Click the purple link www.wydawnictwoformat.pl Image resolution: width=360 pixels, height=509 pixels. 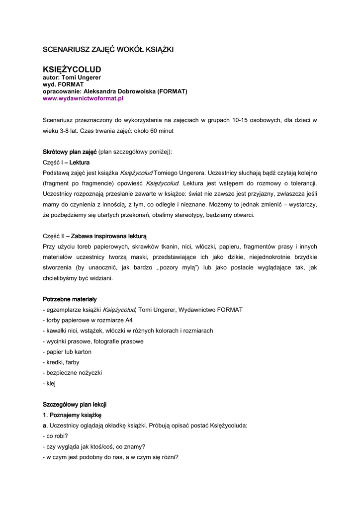point(83,98)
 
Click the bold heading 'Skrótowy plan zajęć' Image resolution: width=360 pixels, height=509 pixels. point(70,152)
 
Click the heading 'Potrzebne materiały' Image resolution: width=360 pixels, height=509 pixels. point(70,299)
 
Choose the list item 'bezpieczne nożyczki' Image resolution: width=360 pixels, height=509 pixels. point(73,373)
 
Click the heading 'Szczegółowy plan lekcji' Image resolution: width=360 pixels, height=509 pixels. point(75,405)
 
